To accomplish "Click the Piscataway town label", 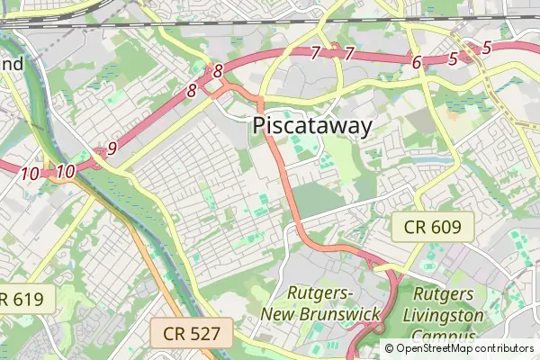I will tap(312, 126).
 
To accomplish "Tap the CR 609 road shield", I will tap(432, 227).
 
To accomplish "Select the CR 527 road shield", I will tap(192, 335).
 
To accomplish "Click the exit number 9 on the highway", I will tap(112, 148).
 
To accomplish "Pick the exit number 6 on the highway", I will tap(417, 62).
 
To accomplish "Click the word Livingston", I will tap(443, 315).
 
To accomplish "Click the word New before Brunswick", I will tap(279, 313).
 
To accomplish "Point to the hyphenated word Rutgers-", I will tap(320, 293).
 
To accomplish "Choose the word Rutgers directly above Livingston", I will tap(444, 294).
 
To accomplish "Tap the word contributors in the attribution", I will tap(505, 348).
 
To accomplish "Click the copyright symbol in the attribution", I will tap(389, 348).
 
